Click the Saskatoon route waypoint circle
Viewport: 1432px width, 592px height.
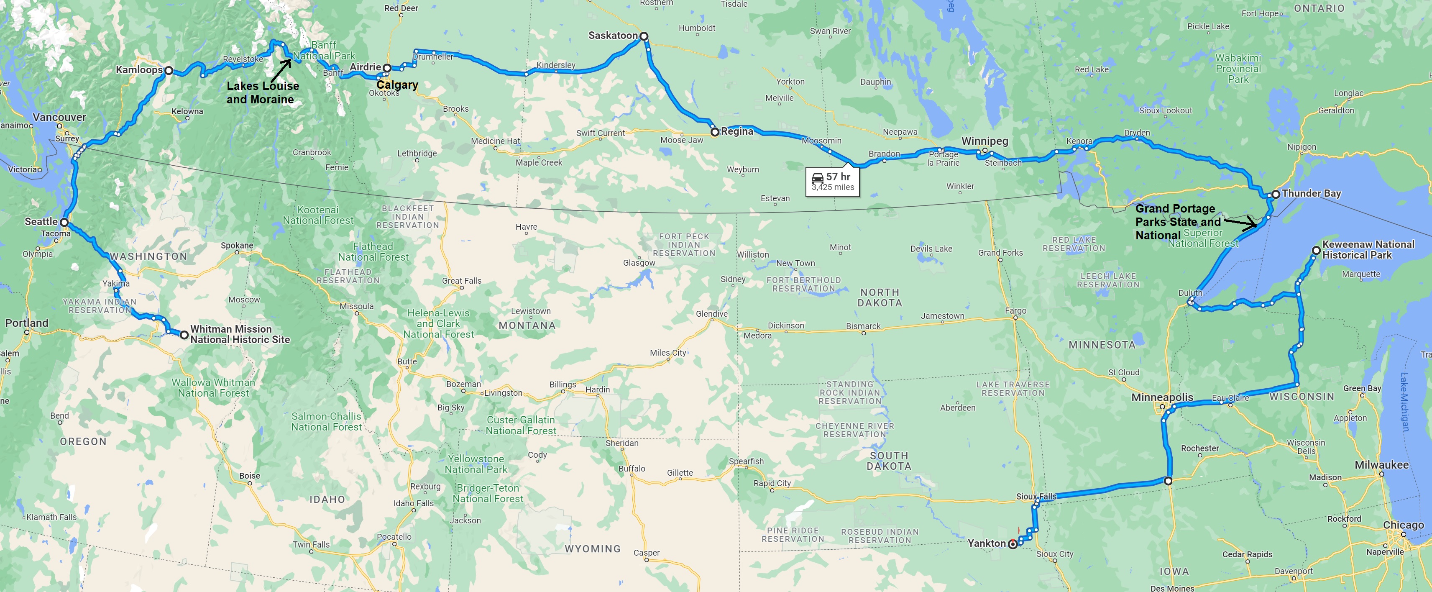pyautogui.click(x=644, y=36)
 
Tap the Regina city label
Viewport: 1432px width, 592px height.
pyautogui.click(x=737, y=131)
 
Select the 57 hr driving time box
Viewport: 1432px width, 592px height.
pyautogui.click(x=832, y=181)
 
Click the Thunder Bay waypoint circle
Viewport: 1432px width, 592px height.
pyautogui.click(x=1276, y=194)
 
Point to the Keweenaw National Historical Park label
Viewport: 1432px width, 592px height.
pyautogui.click(x=1368, y=250)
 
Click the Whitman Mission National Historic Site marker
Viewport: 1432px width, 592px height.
pyautogui.click(x=184, y=335)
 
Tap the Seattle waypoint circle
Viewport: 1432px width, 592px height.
pyautogui.click(x=64, y=222)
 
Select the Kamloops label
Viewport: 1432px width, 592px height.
pyautogui.click(x=139, y=69)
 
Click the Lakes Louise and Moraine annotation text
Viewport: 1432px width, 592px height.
pyautogui.click(x=262, y=92)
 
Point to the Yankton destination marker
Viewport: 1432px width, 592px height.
pyautogui.click(x=1013, y=544)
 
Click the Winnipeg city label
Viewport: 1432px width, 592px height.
pyautogui.click(x=984, y=141)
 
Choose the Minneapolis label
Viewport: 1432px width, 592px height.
pyautogui.click(x=1162, y=397)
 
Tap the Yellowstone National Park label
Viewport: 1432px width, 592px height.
pyautogui.click(x=476, y=464)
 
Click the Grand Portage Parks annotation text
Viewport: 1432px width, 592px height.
pyautogui.click(x=1177, y=222)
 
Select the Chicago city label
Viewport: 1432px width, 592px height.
pyautogui.click(x=1403, y=525)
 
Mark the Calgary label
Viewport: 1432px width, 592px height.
pyautogui.click(x=397, y=85)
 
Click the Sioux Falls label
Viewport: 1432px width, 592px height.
pyautogui.click(x=1036, y=496)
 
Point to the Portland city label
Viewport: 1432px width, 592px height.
pyautogui.click(x=27, y=323)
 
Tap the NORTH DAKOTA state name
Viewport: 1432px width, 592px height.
pyautogui.click(x=880, y=297)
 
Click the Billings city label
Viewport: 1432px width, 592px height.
pyautogui.click(x=563, y=384)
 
